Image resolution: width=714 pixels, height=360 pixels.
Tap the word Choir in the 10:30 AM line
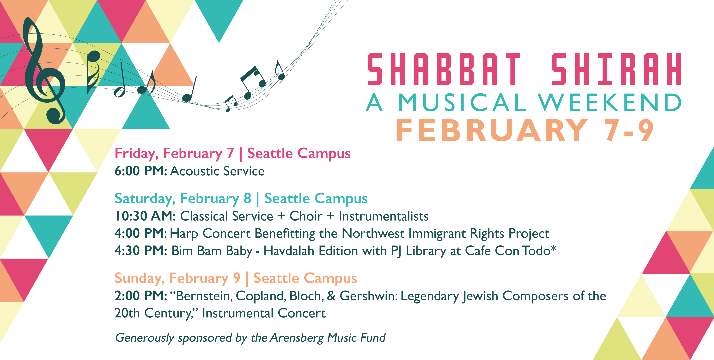(x=306, y=216)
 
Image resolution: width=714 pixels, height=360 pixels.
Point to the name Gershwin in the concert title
(x=368, y=296)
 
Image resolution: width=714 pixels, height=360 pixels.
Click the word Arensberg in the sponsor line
(x=297, y=338)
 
